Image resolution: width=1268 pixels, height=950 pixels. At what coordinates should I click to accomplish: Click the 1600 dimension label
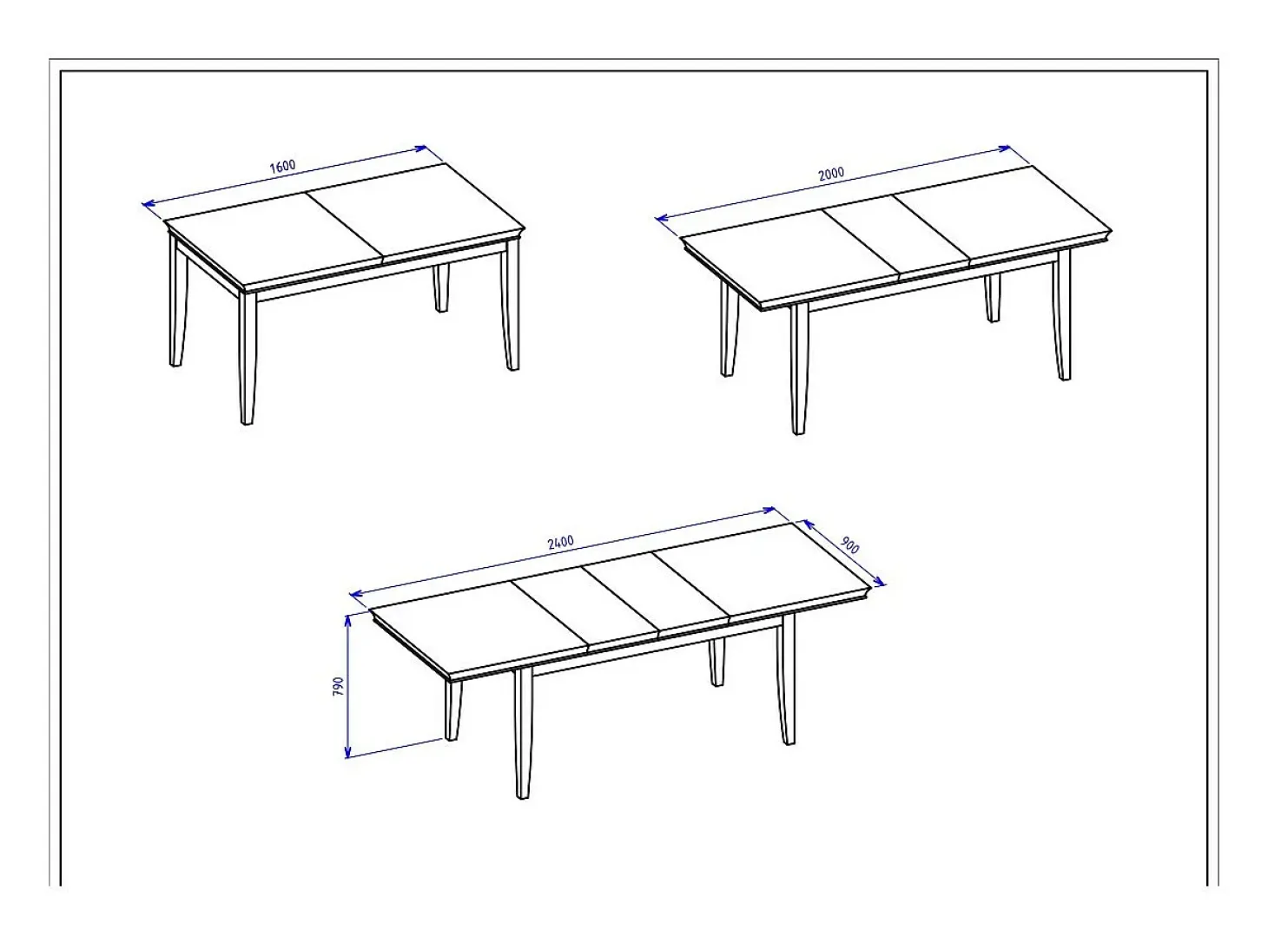click(x=282, y=166)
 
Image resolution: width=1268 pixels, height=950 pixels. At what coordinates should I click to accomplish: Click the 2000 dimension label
click(x=830, y=174)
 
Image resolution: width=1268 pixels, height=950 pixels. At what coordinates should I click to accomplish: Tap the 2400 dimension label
click(x=560, y=541)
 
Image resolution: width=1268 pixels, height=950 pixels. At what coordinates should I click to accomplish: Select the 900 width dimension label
click(x=849, y=545)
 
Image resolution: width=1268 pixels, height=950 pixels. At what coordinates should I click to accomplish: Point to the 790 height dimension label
click(x=339, y=686)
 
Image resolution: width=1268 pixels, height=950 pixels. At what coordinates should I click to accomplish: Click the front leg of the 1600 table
click(x=248, y=358)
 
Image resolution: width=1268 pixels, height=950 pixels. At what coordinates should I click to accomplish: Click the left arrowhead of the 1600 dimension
click(x=148, y=203)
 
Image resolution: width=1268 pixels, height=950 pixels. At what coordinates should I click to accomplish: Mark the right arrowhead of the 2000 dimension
click(x=1004, y=148)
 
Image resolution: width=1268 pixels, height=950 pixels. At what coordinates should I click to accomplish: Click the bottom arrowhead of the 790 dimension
click(x=347, y=751)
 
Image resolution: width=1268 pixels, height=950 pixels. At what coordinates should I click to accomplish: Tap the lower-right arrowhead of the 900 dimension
click(x=879, y=581)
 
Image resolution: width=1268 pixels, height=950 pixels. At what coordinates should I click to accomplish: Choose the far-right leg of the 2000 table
click(x=1061, y=314)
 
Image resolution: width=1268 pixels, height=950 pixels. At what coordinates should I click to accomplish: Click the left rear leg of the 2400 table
click(x=452, y=709)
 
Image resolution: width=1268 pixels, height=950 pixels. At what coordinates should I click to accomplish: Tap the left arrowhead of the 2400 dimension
click(x=356, y=593)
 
